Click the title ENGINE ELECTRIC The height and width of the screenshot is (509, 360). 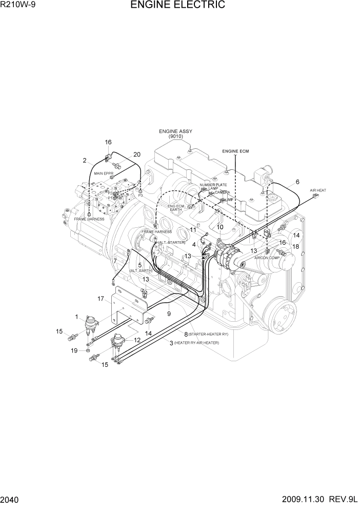[x=177, y=5]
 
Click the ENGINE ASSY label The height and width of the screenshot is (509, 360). [x=175, y=131]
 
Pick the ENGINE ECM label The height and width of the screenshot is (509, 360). [x=235, y=151]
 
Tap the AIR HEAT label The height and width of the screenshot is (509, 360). [x=318, y=190]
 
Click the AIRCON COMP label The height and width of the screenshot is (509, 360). [x=267, y=258]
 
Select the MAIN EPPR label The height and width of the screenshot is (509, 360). [x=103, y=173]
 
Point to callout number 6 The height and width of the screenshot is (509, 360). [x=297, y=181]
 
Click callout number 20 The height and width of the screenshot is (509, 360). [x=137, y=154]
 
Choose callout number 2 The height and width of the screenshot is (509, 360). [x=85, y=161]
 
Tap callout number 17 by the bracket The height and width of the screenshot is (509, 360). [x=101, y=298]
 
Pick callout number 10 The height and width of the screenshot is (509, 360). [x=220, y=226]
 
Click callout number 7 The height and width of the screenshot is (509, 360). [x=115, y=261]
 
